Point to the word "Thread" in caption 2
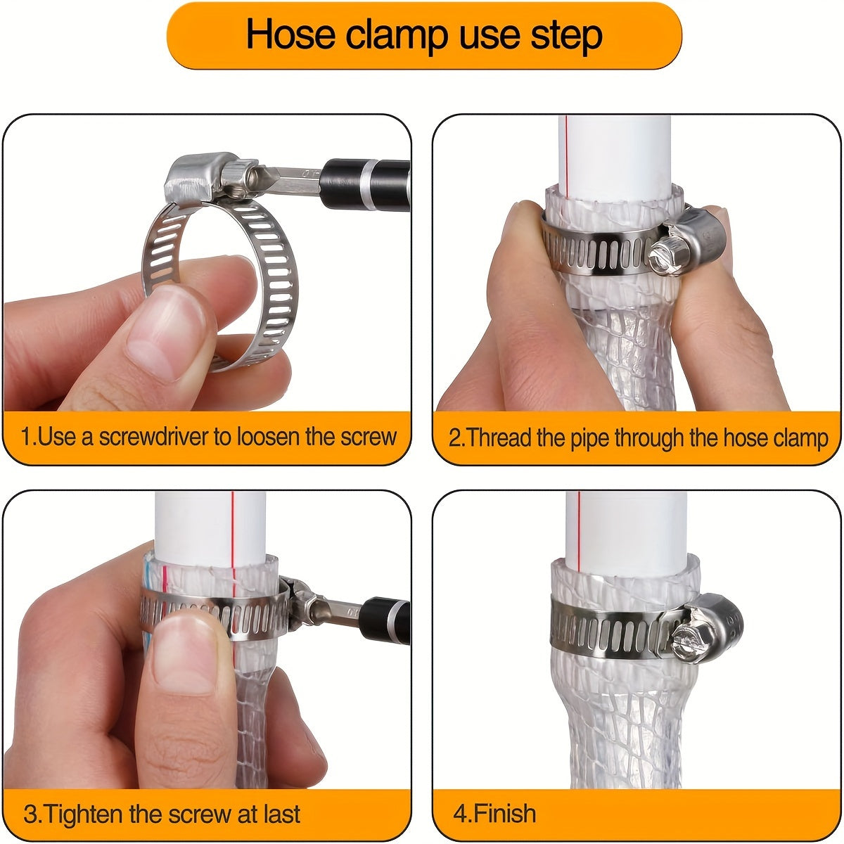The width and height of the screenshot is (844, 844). pyautogui.click(x=499, y=438)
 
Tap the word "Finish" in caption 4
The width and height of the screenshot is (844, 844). pyautogui.click(x=505, y=814)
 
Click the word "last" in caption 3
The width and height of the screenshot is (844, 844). pyautogui.click(x=279, y=814)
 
